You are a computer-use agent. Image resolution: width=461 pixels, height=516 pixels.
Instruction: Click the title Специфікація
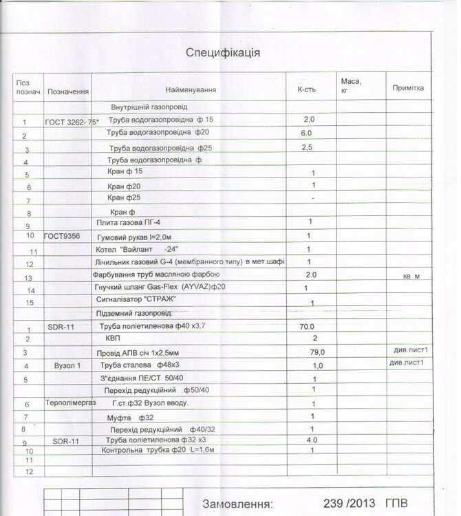pyautogui.click(x=222, y=53)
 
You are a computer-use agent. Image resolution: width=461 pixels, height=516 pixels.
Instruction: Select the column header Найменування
pyautogui.click(x=191, y=90)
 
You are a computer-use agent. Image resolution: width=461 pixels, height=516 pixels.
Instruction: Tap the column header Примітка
pyautogui.click(x=408, y=88)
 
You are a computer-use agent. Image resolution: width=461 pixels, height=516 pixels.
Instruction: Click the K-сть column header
pyautogui.click(x=306, y=90)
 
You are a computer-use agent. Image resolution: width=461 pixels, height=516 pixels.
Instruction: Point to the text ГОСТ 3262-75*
pyautogui.click(x=72, y=122)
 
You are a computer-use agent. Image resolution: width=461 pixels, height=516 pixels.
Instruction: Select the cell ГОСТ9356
pyautogui.click(x=62, y=235)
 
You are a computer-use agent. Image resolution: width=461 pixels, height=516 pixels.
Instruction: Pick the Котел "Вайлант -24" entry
pyautogui.click(x=136, y=249)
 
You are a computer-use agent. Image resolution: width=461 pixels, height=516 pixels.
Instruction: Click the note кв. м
pyautogui.click(x=411, y=276)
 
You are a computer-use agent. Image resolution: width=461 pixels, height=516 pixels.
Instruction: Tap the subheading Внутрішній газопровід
pyautogui.click(x=149, y=107)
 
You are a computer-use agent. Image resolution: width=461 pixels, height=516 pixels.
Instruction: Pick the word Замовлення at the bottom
pyautogui.click(x=235, y=503)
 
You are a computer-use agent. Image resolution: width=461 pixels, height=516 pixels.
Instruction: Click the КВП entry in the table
pyautogui.click(x=113, y=338)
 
